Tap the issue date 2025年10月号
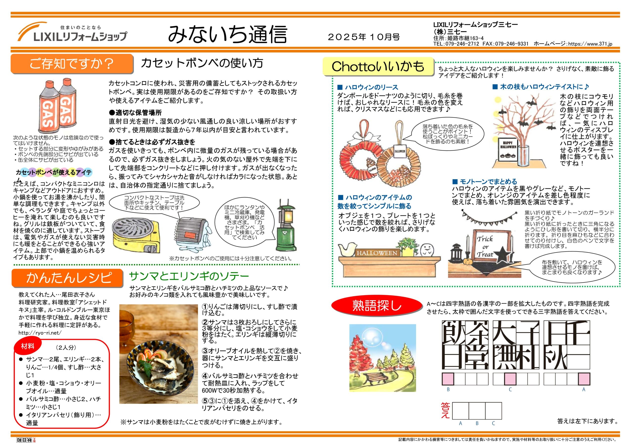[x=364, y=37]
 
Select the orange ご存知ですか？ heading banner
[x=72, y=64]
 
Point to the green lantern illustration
[x=285, y=225]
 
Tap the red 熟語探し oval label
[x=377, y=306]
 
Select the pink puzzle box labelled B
[x=448, y=379]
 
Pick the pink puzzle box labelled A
[x=584, y=379]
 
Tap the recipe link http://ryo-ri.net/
[x=40, y=333]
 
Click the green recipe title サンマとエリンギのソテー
[x=189, y=276]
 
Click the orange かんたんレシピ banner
[x=68, y=278]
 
